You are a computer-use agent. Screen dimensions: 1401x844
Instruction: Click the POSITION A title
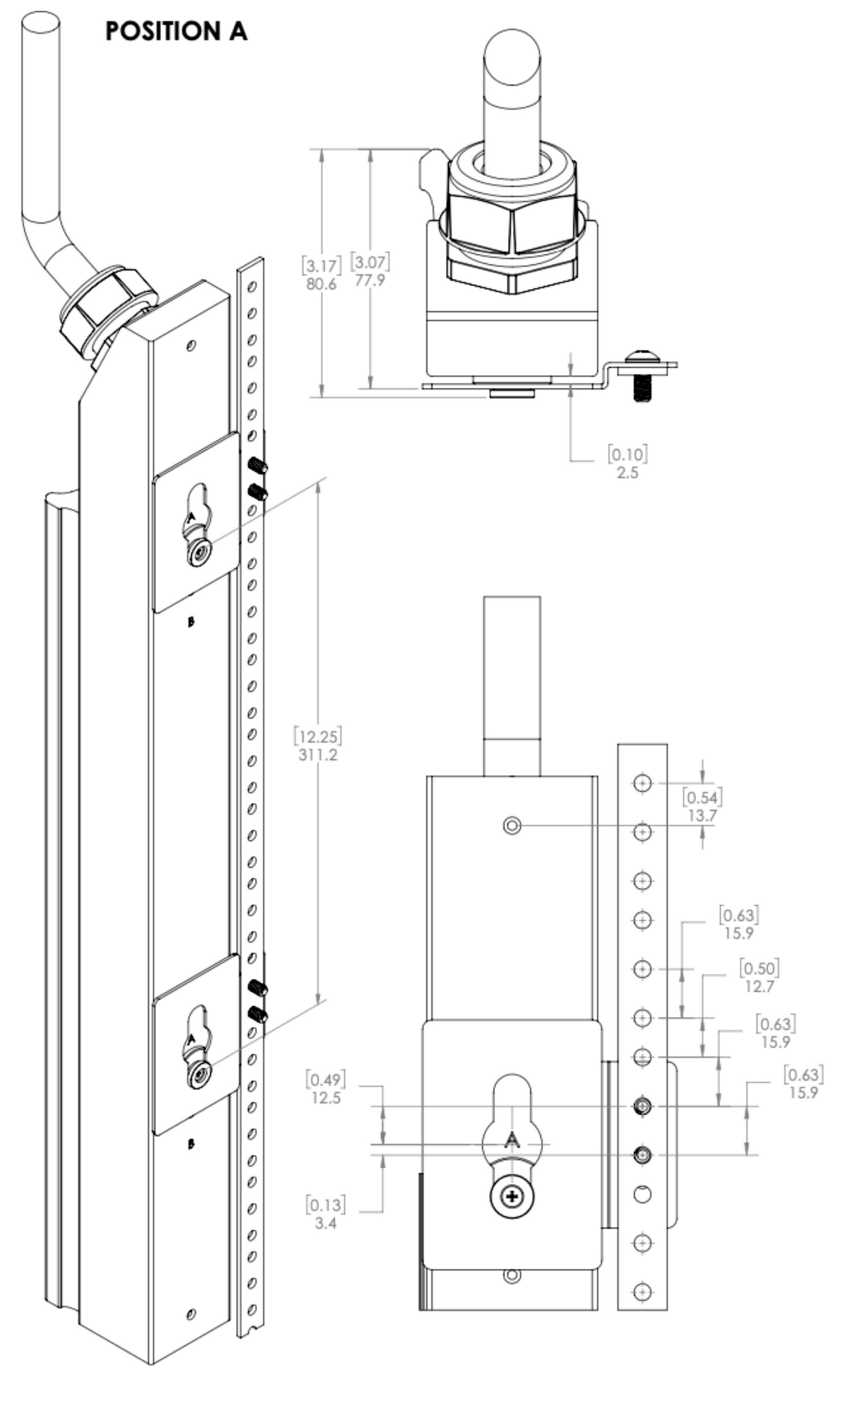pos(176,31)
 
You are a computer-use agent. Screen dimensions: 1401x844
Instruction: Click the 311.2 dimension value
pos(318,755)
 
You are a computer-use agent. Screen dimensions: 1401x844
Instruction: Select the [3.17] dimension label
pos(321,265)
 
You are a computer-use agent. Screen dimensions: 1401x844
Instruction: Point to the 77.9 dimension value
pos(370,280)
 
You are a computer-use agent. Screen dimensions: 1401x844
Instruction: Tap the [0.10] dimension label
pos(627,454)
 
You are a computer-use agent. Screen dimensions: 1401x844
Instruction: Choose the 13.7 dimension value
pos(702,815)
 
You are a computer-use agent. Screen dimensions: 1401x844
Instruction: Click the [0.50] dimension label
pos(759,969)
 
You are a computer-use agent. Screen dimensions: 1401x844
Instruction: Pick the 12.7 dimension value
pos(759,986)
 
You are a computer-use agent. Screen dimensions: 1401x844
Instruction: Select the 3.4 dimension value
pos(326,1222)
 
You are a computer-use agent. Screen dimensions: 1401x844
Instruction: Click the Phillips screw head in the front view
pos(512,1196)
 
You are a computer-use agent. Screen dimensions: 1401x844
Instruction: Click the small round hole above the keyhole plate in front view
pos(512,826)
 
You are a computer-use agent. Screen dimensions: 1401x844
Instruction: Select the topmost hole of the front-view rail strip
pos(642,783)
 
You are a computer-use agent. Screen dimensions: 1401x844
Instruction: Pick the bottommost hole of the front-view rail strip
pos(642,1292)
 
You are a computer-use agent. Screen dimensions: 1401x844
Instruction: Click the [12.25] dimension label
pos(318,736)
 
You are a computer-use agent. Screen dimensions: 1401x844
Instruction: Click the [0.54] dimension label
pos(702,797)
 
